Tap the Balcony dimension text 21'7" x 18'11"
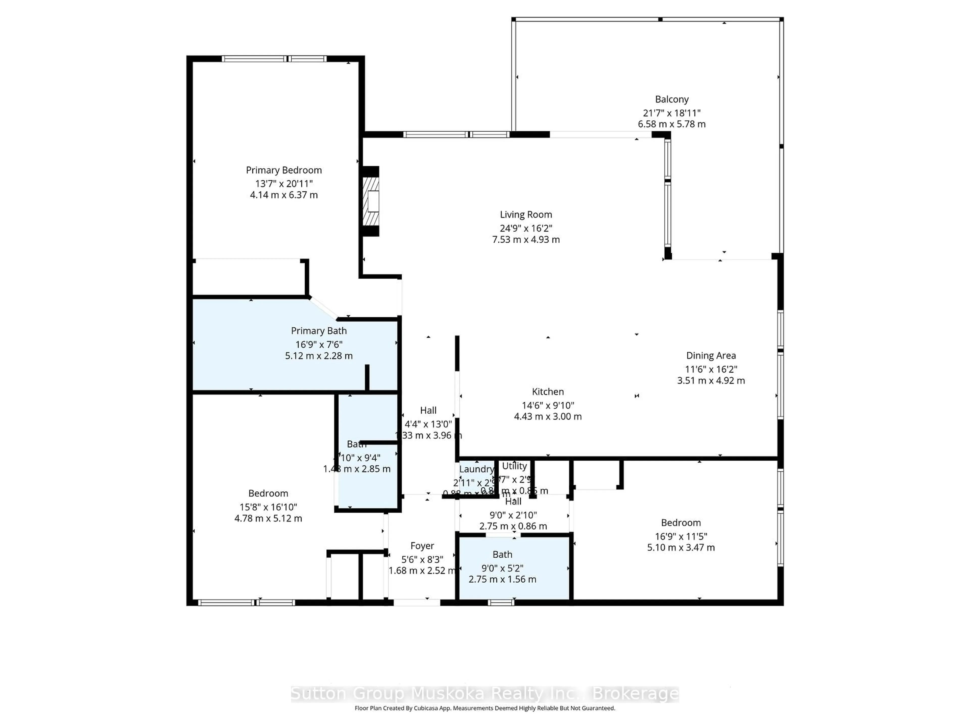671,113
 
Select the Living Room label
525,215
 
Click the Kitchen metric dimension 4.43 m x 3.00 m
547,416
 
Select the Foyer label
422,546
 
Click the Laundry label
476,469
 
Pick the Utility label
514,466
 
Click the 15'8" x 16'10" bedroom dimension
268,507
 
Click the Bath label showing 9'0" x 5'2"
502,555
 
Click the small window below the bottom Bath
501,603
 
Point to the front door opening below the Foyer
417,603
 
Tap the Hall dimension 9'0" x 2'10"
513,515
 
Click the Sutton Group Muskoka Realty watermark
484,694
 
